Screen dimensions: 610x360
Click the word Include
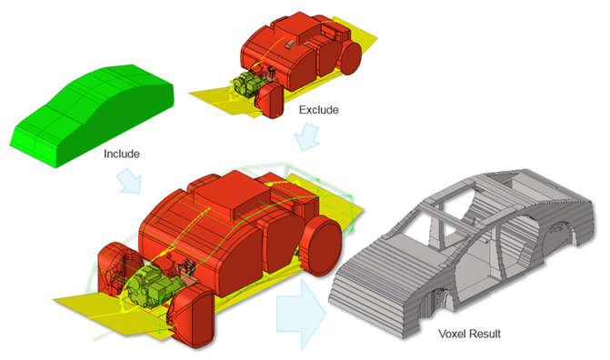(x=122, y=155)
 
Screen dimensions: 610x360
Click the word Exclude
(x=318, y=110)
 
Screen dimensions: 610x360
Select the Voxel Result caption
(x=469, y=334)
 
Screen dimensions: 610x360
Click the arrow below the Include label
(x=129, y=181)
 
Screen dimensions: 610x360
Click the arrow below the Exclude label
(x=307, y=137)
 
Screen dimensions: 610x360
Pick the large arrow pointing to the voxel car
(x=301, y=314)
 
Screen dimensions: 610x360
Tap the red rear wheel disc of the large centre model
(x=323, y=246)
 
